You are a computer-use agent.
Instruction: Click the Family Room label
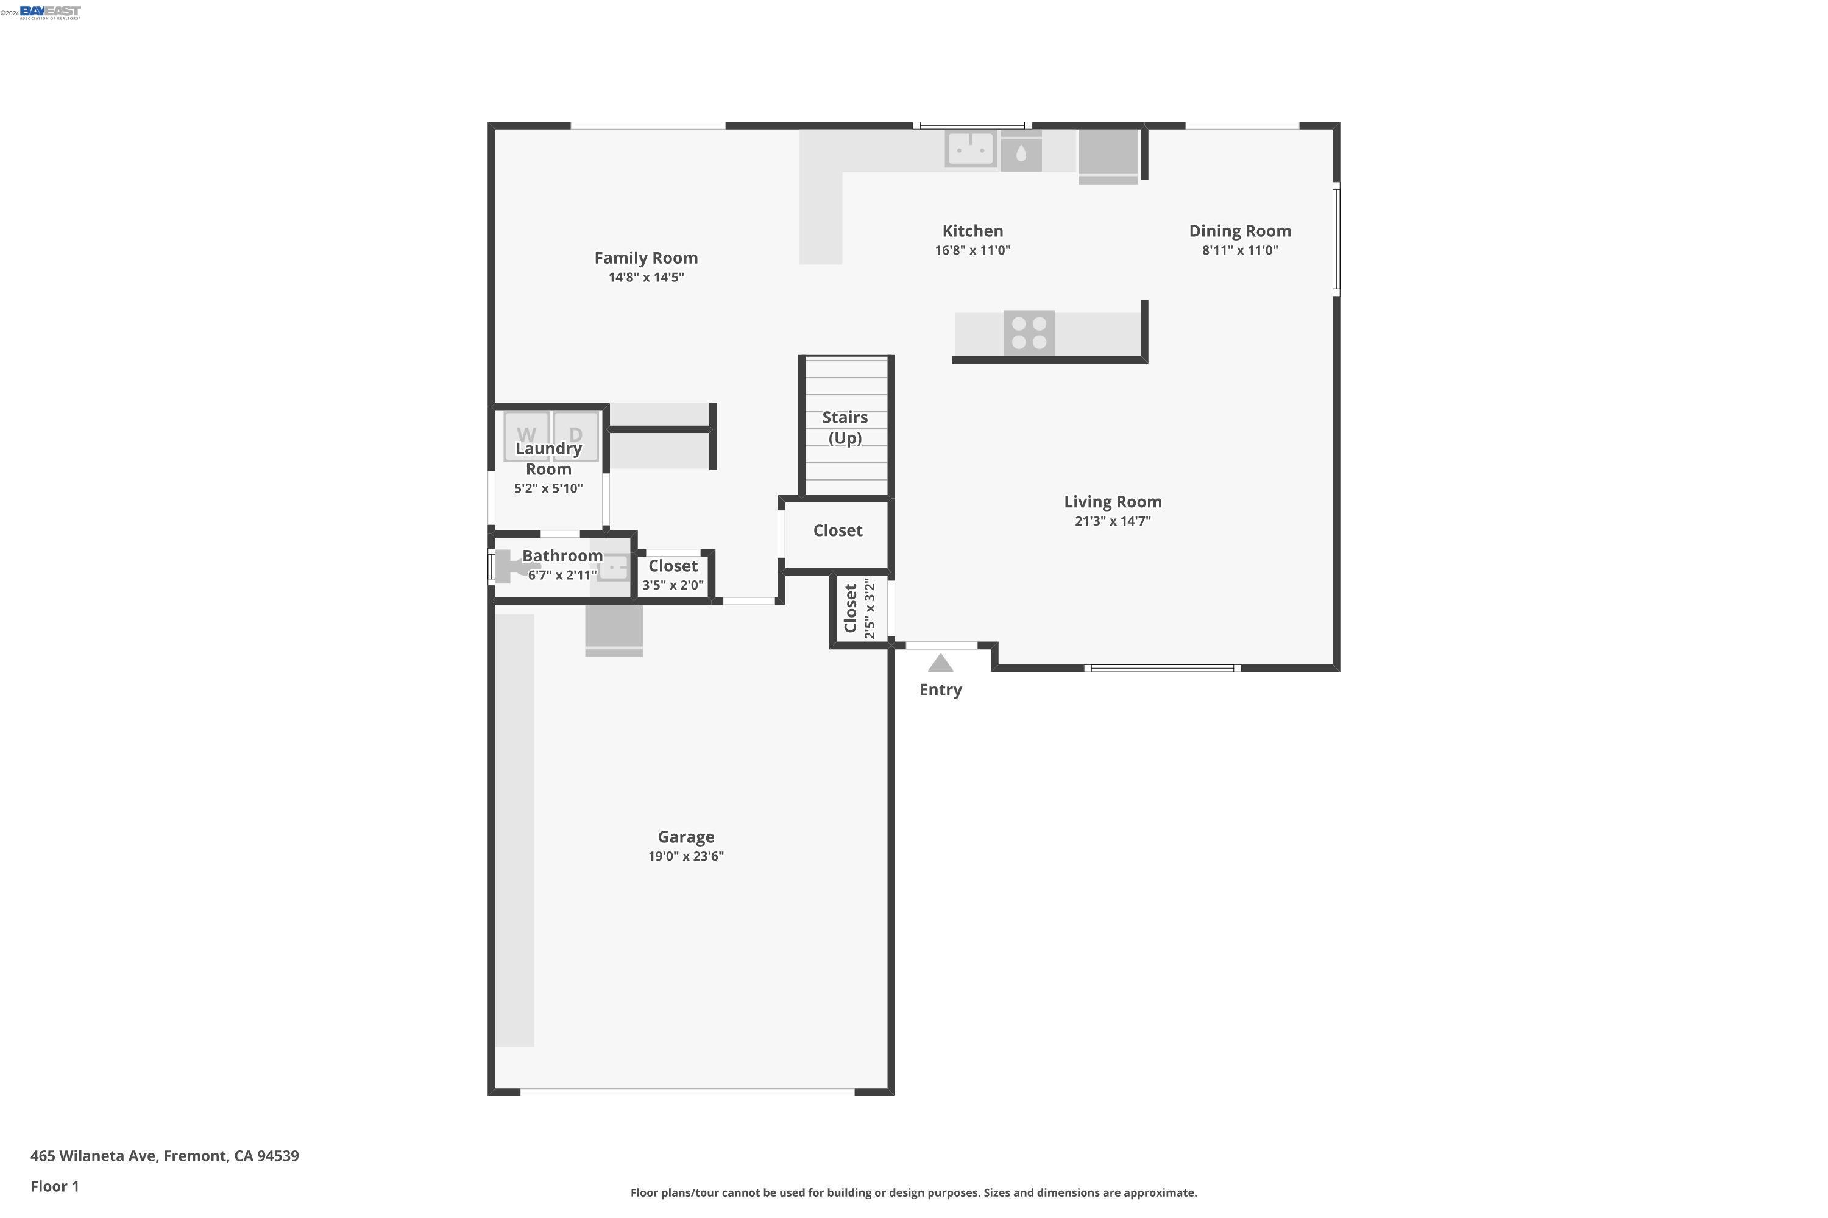[x=645, y=258]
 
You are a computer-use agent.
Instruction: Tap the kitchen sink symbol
[x=970, y=149]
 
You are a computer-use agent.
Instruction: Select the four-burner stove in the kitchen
[x=1029, y=333]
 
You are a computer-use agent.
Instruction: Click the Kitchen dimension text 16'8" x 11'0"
[x=972, y=250]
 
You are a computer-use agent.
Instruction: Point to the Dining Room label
[x=1239, y=231]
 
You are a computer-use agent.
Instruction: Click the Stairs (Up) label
[x=845, y=428]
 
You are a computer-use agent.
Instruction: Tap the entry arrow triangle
[x=940, y=663]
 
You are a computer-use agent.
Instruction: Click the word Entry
[x=940, y=690]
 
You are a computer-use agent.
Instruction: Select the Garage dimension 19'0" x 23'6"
[x=685, y=856]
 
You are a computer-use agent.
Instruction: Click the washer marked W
[x=526, y=434]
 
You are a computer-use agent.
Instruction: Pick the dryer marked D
[x=576, y=434]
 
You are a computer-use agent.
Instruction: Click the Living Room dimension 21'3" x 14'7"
[x=1112, y=521]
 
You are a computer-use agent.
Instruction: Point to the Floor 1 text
[x=54, y=1186]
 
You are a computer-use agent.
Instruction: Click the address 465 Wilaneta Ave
[x=164, y=1156]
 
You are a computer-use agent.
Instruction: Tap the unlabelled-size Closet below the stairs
[x=837, y=530]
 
